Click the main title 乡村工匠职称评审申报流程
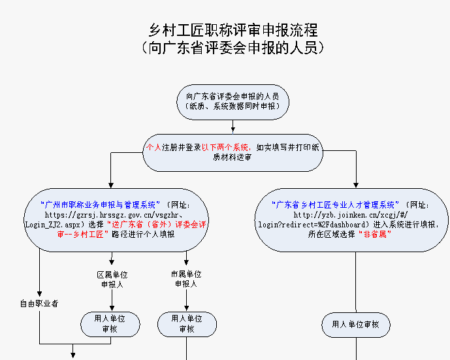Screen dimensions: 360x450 tap(233, 30)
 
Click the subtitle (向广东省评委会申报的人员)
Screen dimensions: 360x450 tap(233, 48)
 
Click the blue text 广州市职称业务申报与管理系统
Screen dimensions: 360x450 tap(102, 205)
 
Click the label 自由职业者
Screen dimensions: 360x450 tap(39, 303)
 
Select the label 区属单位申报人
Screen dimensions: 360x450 tap(112, 279)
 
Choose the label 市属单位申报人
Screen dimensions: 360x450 tap(186, 279)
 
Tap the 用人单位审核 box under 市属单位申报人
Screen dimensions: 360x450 tap(186, 323)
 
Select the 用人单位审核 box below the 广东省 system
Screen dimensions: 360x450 tap(356, 324)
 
